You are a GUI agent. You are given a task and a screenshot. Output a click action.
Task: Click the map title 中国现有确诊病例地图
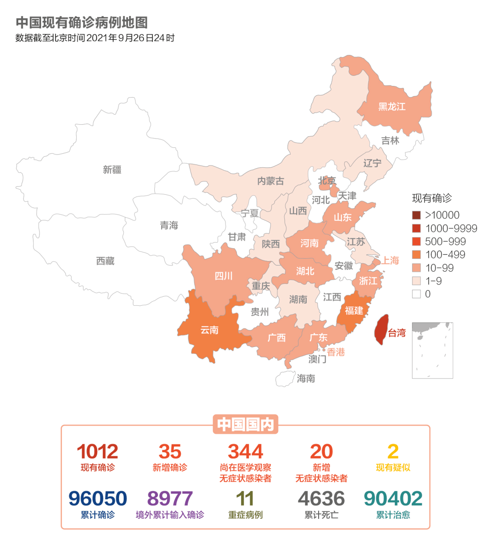click(x=82, y=23)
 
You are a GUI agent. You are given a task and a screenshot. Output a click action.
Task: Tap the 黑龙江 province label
click(x=392, y=107)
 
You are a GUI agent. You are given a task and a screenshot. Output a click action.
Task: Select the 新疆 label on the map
click(x=112, y=170)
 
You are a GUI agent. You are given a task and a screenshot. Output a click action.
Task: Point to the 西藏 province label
click(x=105, y=261)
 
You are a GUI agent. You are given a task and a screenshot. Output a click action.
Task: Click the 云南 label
click(x=210, y=330)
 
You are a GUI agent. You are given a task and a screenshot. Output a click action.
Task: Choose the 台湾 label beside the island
click(x=397, y=333)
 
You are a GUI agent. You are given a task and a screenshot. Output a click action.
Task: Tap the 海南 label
click(x=306, y=378)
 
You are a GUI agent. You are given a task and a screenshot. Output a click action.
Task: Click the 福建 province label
click(x=354, y=310)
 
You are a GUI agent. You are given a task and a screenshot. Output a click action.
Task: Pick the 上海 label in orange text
click(x=390, y=260)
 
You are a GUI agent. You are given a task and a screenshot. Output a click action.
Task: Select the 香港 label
click(x=336, y=352)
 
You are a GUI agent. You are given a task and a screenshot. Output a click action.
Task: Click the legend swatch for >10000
click(x=416, y=215)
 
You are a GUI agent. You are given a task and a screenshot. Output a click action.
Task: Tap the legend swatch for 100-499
click(x=416, y=255)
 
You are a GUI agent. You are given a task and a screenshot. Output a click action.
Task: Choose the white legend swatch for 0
click(x=416, y=294)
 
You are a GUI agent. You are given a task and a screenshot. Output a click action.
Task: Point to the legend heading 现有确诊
click(x=432, y=198)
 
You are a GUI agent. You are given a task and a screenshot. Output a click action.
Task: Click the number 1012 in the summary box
click(x=97, y=452)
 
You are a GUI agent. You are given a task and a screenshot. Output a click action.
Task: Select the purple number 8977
click(x=170, y=499)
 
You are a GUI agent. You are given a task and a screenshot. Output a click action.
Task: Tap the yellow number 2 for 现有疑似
click(x=393, y=452)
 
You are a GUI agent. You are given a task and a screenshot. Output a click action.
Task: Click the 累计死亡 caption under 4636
click(x=321, y=515)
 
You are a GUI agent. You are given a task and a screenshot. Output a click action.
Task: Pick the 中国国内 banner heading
click(x=246, y=424)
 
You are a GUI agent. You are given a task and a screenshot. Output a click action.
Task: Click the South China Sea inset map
click(x=432, y=350)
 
